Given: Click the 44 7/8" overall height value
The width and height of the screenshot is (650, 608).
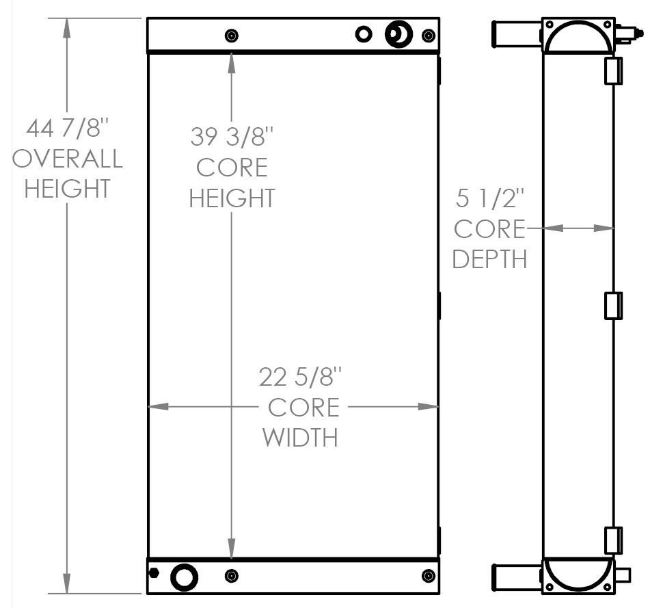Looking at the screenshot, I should coord(68,128).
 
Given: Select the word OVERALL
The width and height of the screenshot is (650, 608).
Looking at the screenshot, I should coord(68,158).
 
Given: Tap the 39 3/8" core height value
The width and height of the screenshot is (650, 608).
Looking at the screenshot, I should coord(232,137).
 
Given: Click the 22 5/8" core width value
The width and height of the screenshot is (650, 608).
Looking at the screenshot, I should coord(300,377).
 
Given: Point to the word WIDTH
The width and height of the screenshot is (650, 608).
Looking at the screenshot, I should coord(301,437).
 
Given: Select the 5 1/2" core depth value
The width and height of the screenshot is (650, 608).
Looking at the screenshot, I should coord(489,199).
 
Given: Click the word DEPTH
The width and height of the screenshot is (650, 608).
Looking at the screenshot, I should coord(489,259).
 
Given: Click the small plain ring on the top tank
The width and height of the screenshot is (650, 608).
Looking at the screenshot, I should coord(364,34).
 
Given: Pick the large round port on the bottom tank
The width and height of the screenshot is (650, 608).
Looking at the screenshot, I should coord(183,577).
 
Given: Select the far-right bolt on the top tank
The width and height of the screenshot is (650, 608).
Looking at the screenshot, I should coord(428,36).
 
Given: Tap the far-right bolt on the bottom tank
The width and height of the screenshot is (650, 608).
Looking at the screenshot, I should coord(428,577).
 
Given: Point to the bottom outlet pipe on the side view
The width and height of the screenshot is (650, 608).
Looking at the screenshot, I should coord(516,575).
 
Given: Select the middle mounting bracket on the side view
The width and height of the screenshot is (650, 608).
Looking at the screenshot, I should coord(613,306).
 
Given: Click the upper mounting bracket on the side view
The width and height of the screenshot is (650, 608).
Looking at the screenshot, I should coord(613,71).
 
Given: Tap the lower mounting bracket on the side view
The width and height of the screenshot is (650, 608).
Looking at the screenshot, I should coord(613,540).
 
